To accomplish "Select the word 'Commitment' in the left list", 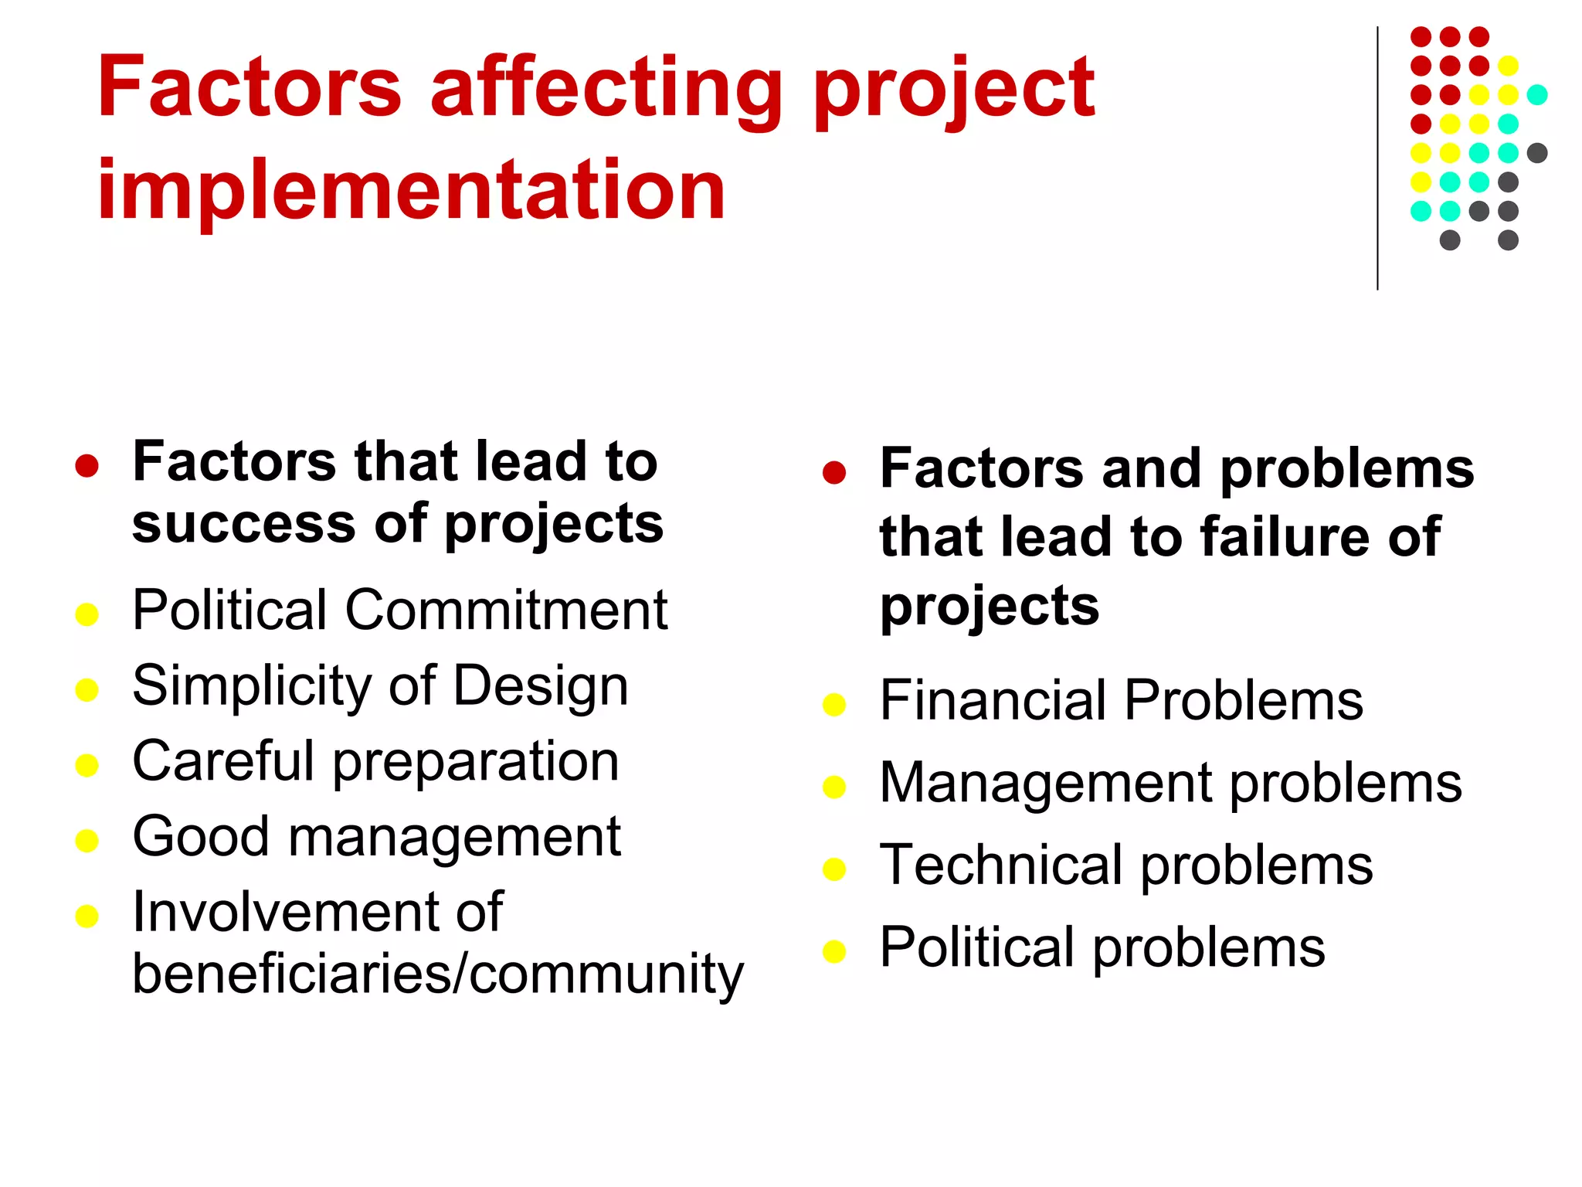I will (506, 610).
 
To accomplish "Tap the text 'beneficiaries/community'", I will (437, 974).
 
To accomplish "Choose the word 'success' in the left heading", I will (243, 524).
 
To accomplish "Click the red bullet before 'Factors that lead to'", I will (87, 466).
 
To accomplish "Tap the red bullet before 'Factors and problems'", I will (834, 472).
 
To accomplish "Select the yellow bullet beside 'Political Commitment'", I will (87, 614).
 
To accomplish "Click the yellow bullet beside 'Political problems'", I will (834, 951).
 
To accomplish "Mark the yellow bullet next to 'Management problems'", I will (834, 787).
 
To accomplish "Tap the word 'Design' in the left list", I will (540, 686).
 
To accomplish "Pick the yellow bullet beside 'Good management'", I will (87, 841).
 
